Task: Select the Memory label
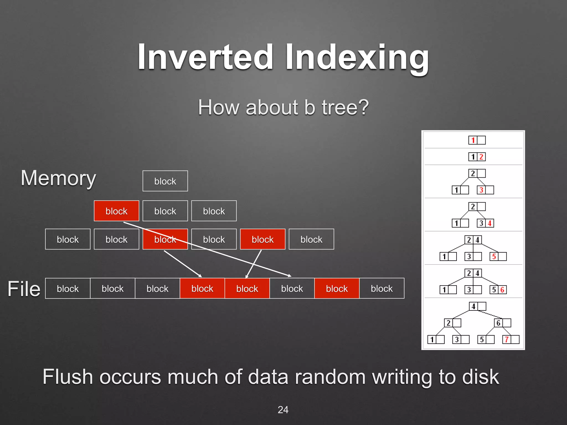pos(58,178)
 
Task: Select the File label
pos(24,289)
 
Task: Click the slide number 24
pos(283,410)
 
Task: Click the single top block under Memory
pos(165,181)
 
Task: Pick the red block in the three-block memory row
pos(116,211)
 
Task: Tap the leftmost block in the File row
pos(68,289)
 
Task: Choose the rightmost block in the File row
pos(382,289)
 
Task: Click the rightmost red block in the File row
pos(337,289)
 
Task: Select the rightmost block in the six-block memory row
pos(311,239)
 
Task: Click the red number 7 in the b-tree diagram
pos(506,340)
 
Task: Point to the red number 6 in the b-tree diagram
pos(502,290)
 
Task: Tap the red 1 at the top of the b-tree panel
pos(473,140)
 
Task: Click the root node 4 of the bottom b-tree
pos(473,306)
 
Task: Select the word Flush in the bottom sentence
pos(68,377)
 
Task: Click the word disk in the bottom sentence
pos(481,377)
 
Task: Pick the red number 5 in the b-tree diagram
pos(494,256)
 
